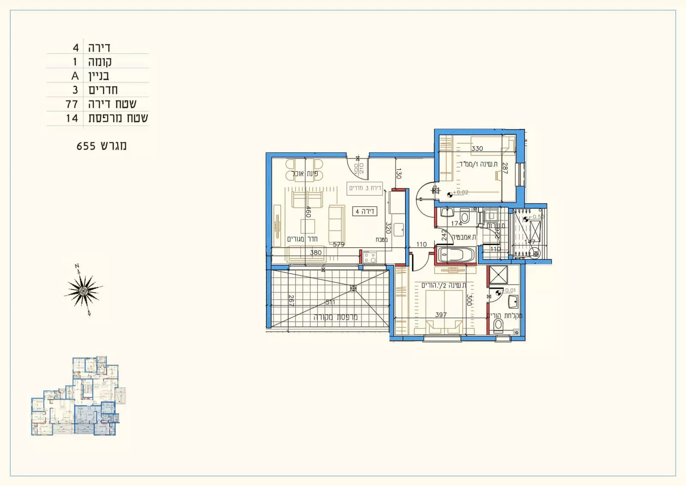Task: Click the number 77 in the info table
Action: pos(72,104)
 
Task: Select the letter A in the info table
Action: pos(75,76)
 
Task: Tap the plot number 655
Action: pos(86,146)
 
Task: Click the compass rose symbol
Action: pos(84,291)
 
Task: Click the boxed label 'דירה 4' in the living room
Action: pos(365,211)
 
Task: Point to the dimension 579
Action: pos(339,244)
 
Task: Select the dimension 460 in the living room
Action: pos(308,212)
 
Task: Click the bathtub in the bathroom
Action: pos(456,255)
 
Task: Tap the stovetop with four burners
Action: pos(370,258)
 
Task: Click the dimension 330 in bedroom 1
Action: pos(477,149)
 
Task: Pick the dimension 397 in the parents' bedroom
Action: pos(441,315)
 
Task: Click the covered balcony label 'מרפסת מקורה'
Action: pos(336,317)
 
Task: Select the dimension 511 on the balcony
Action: pos(330,302)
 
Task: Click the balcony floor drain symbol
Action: pos(353,288)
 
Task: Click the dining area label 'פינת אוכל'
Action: pos(305,173)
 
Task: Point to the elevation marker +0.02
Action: pos(460,193)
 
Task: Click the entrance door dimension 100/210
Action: pos(359,168)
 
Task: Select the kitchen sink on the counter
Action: pos(399,229)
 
